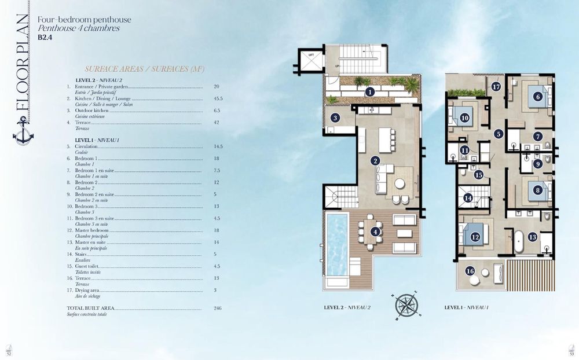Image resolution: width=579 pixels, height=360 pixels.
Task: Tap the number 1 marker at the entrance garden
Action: pyautogui.click(x=369, y=91)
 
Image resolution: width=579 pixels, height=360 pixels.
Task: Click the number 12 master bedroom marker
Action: pyautogui.click(x=475, y=236)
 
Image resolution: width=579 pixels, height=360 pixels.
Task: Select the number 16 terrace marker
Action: pyautogui.click(x=470, y=271)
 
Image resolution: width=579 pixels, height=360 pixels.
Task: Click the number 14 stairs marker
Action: pyautogui.click(x=468, y=198)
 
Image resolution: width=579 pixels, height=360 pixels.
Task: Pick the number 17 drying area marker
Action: pyautogui.click(x=496, y=87)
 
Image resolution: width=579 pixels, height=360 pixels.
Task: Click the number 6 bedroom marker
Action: pyautogui.click(x=537, y=97)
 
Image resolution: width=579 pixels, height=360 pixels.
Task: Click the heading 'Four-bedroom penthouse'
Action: pyautogui.click(x=85, y=20)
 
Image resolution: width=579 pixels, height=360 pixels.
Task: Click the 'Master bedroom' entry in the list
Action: pyautogui.click(x=93, y=230)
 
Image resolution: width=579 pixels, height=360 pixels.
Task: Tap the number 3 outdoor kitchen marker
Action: pyautogui.click(x=335, y=118)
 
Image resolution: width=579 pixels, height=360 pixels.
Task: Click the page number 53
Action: pyautogui.click(x=571, y=354)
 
